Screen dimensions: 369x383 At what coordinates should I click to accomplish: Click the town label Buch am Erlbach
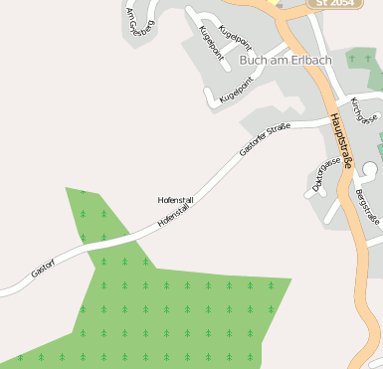click(x=285, y=60)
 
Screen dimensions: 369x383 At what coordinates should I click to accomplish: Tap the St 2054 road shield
click(x=330, y=4)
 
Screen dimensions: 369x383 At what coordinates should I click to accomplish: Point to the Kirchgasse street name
click(x=365, y=110)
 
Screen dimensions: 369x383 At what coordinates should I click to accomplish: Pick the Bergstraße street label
click(x=366, y=210)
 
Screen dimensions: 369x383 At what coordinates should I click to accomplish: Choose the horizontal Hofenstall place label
click(x=176, y=200)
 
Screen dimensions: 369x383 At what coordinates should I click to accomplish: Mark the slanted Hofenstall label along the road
click(x=174, y=216)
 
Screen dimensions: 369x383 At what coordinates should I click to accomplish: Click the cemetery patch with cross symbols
click(x=364, y=60)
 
